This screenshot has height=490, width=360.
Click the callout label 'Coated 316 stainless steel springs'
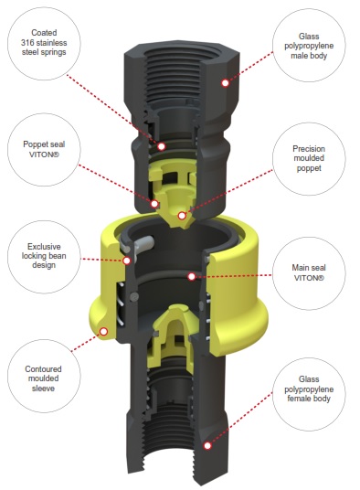44,42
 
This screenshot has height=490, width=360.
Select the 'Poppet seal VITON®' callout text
44,149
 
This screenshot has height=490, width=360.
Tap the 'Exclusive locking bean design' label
44,256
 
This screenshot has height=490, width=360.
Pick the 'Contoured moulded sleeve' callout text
43,378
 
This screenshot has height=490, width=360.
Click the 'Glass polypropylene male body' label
309,46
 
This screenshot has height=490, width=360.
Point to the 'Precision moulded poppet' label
309,158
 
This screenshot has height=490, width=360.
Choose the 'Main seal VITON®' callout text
309,272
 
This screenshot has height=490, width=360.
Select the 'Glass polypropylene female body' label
309,389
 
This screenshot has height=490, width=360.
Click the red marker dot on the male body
225,83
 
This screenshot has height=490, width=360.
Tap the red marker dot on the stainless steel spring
161,146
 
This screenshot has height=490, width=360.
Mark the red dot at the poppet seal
154,204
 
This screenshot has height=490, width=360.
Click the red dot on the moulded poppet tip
182,216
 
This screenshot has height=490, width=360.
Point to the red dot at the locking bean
126,261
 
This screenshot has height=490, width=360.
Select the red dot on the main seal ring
192,276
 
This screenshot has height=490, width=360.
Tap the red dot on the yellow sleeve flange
103,331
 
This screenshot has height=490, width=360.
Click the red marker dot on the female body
207,445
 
